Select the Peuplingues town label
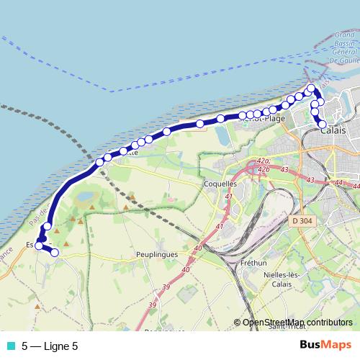(x=157, y=254)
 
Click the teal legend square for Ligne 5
(x=9, y=346)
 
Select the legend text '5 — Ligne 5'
(x=50, y=346)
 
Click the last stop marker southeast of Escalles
(x=54, y=252)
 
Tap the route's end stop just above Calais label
(x=323, y=124)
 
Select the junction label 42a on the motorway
(x=263, y=161)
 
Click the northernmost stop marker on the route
(x=311, y=89)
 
